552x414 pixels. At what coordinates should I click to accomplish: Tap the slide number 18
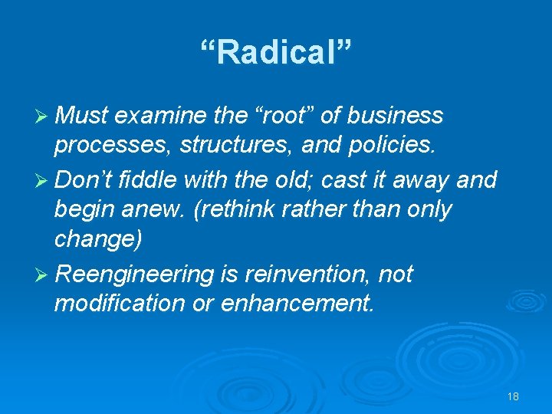(x=513, y=396)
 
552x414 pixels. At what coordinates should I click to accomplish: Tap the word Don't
(x=85, y=180)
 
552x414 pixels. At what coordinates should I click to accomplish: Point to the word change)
(x=98, y=240)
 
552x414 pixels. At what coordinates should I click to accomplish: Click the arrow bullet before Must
(x=44, y=117)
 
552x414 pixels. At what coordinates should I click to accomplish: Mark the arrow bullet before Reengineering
(x=44, y=274)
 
